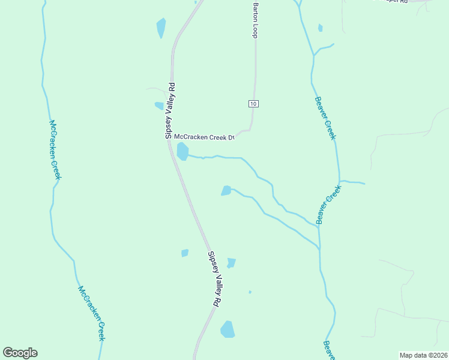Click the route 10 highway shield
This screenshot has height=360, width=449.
[x=253, y=104]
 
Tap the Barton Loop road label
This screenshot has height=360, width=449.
[x=255, y=20]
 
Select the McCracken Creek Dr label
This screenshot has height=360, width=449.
[x=203, y=137]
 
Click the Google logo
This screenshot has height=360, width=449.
[x=20, y=353]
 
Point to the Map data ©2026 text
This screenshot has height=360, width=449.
[x=423, y=355]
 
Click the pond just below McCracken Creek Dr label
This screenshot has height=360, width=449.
[x=182, y=151]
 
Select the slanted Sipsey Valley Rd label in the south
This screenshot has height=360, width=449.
[x=212, y=279]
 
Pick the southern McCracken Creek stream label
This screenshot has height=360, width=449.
[x=92, y=313]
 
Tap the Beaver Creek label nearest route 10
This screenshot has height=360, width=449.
[x=325, y=118]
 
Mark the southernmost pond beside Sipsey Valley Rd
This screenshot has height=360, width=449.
[x=228, y=329]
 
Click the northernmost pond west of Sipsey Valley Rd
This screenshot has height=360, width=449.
[x=161, y=28]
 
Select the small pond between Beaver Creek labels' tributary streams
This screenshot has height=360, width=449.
[x=226, y=191]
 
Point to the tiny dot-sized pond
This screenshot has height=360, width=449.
[x=250, y=292]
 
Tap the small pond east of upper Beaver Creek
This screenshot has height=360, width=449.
[x=321, y=28]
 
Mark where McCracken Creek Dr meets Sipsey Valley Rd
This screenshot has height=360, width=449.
[x=170, y=140]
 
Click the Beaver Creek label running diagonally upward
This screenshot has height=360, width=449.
[x=329, y=204]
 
